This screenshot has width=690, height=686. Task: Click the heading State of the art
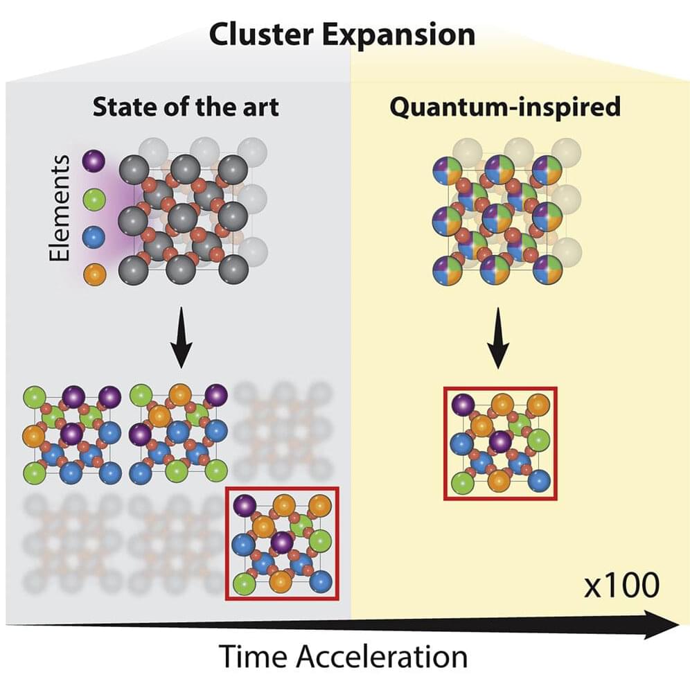click(x=186, y=107)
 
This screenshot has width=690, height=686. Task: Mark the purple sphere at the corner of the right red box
click(x=463, y=405)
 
